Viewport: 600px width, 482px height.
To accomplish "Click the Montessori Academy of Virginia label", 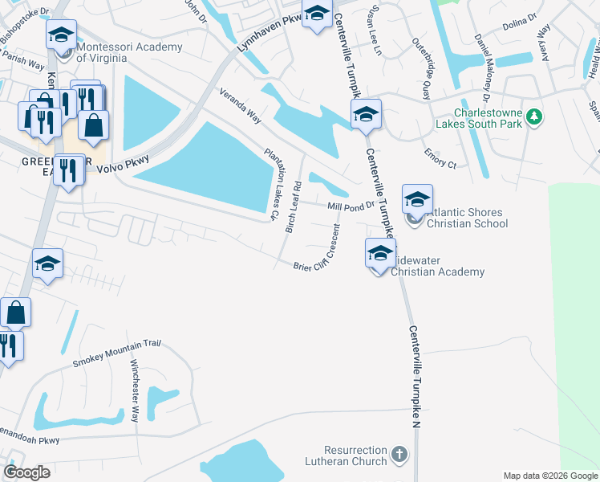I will click(x=128, y=52).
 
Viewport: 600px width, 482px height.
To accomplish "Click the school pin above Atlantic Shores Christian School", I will click(x=417, y=199).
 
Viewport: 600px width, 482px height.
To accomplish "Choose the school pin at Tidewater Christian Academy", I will click(x=380, y=253).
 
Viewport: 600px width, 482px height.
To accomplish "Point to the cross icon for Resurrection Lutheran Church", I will click(x=399, y=455).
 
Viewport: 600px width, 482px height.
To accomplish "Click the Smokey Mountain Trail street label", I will click(x=117, y=353).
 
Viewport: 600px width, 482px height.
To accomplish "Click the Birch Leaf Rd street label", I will click(x=293, y=207).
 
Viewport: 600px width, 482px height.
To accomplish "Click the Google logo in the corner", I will click(x=27, y=472).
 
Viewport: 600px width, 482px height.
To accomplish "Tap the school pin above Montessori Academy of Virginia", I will click(x=62, y=35).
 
